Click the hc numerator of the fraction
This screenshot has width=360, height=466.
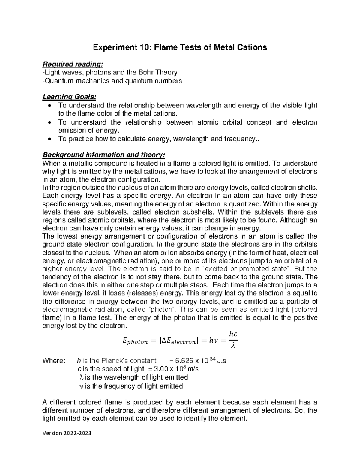[x=233, y=334]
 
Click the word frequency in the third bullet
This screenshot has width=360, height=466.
[x=240, y=139]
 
